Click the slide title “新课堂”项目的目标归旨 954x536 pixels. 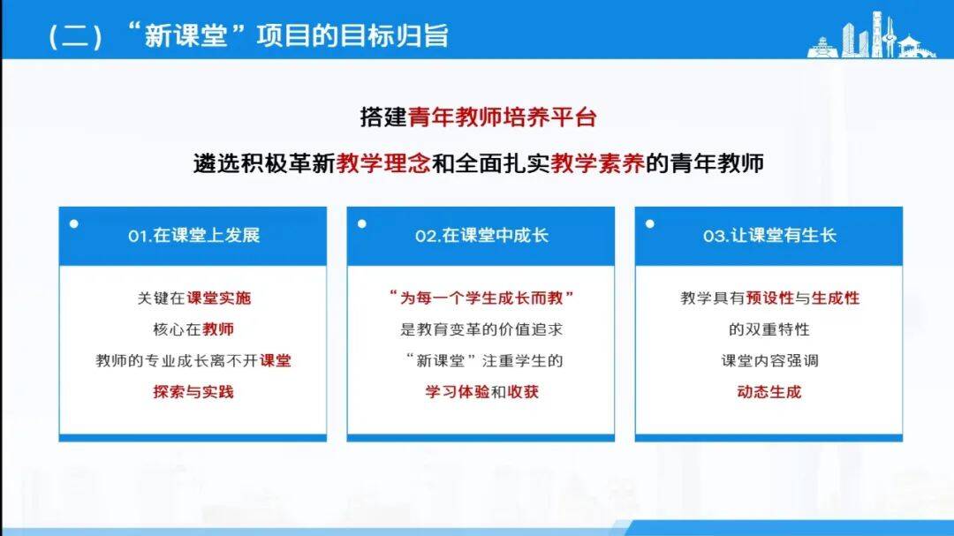286,35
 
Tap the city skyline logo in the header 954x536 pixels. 871,35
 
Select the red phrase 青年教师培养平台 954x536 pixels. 502,117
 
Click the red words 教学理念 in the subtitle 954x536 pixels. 383,163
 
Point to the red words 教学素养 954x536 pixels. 597,163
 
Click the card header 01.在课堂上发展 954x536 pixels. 194,236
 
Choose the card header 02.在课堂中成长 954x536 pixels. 482,236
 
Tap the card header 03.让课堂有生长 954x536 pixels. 769,236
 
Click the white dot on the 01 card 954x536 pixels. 74,224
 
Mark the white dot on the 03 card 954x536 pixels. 650,224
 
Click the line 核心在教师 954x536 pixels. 193,329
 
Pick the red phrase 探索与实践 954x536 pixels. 193,392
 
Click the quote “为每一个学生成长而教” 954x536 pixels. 481,298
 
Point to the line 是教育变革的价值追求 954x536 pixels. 481,329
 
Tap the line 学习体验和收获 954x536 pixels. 482,392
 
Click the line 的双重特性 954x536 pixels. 769,329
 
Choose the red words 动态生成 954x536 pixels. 769,392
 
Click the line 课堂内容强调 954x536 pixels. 769,361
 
